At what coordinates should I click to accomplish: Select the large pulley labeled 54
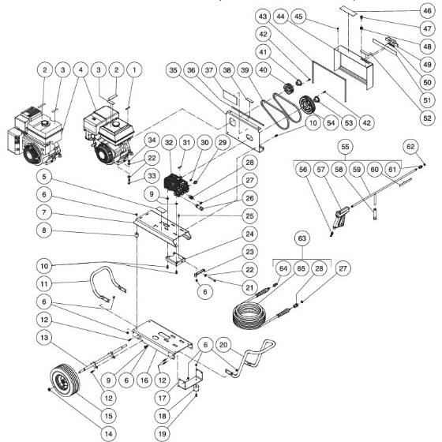point(302,106)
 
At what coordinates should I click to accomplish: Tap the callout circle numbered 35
point(174,69)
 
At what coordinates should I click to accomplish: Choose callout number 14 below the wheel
point(106,432)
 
